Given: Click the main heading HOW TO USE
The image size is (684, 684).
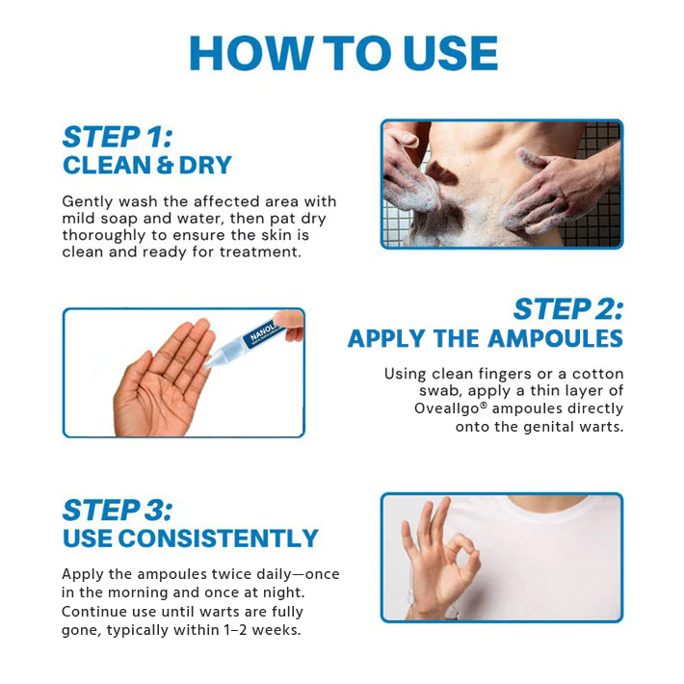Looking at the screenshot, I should tap(342, 54).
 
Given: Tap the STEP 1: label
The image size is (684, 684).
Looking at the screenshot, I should tap(117, 136).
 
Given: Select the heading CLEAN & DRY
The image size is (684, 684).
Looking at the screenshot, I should tap(147, 165).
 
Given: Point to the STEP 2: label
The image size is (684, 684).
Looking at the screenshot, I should tap(567, 309).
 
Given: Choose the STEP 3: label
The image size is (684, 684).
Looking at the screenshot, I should tap(118, 509).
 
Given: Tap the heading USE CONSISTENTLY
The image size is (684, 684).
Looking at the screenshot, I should tap(190, 538).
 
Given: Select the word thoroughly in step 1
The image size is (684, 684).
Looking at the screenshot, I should tap(105, 235).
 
